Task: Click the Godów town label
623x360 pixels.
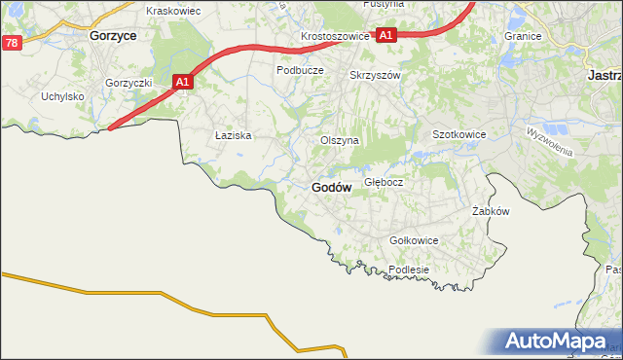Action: click(x=331, y=188)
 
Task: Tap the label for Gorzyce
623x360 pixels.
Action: click(x=112, y=34)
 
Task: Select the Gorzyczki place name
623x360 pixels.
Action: click(x=129, y=83)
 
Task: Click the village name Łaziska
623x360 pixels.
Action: click(x=234, y=136)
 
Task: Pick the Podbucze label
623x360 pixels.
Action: click(x=300, y=70)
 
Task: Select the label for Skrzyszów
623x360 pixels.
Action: click(x=376, y=75)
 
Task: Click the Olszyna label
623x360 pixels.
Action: click(x=341, y=140)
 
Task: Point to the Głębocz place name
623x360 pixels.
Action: click(x=384, y=182)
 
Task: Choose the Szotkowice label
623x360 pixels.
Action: click(x=458, y=134)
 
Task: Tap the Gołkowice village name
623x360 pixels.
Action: click(x=414, y=240)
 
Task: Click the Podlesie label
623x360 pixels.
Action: click(x=409, y=270)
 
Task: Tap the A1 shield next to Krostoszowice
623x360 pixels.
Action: click(x=385, y=35)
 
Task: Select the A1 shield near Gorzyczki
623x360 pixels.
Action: click(x=182, y=83)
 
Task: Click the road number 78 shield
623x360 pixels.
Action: click(x=12, y=43)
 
